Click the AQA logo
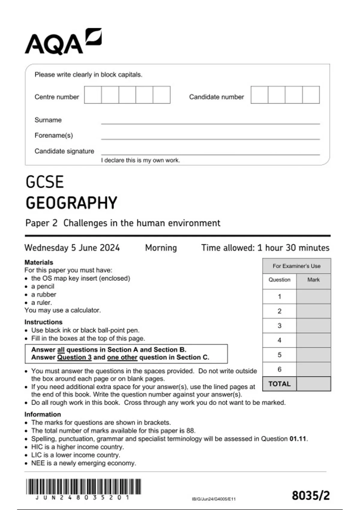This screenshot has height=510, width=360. (63, 42)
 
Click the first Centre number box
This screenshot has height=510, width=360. (93, 95)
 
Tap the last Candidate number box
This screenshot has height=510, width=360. (311, 95)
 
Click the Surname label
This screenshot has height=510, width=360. (48, 120)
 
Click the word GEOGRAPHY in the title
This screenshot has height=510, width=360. (71, 203)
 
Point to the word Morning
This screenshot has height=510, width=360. (161, 248)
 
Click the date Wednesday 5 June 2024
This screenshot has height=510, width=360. (72, 248)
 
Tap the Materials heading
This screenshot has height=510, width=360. (39, 262)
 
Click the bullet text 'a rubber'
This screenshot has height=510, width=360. (43, 294)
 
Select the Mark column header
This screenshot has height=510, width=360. (313, 280)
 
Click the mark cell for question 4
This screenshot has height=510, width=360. (313, 340)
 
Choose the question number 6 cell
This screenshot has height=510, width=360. (279, 369)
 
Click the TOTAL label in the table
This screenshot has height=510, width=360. (279, 384)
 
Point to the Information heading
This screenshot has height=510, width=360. (43, 414)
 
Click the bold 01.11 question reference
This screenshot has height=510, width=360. (298, 439)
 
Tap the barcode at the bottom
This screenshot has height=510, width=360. (83, 487)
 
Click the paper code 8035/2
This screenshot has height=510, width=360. (310, 496)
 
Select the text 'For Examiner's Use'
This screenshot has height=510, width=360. (296, 266)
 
